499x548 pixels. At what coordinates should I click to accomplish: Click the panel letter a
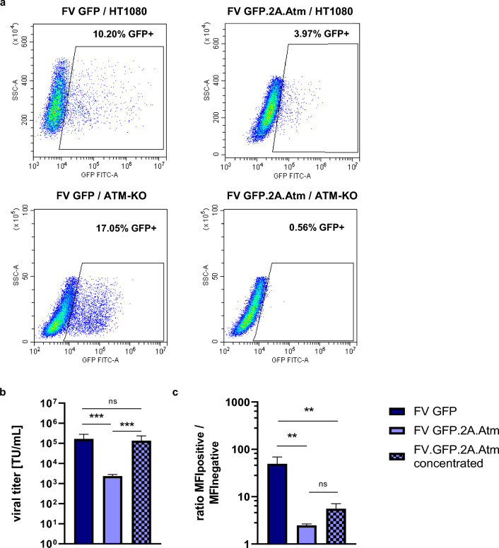(5, 6)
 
